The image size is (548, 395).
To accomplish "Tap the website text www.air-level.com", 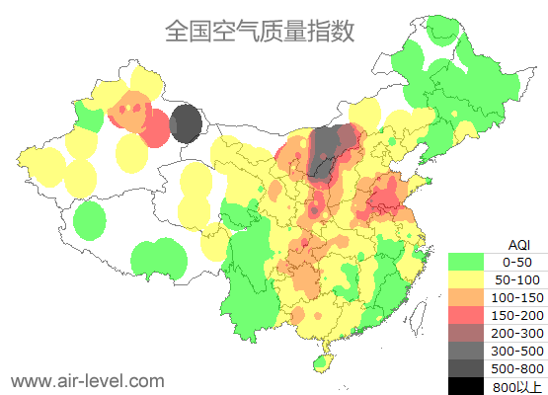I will (x=87, y=380).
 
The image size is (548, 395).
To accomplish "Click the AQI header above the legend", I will (x=518, y=244).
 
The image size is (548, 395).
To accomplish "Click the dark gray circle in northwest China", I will (x=186, y=125).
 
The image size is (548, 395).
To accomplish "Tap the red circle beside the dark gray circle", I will (x=155, y=127).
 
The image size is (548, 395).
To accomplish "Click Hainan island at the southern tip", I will (x=321, y=364).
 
